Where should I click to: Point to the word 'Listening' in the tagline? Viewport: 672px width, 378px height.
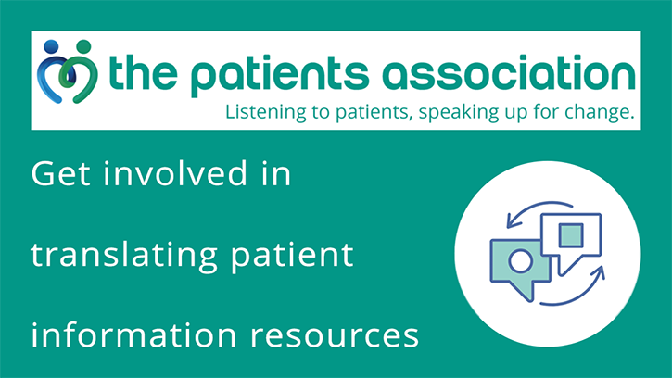click(x=261, y=114)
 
